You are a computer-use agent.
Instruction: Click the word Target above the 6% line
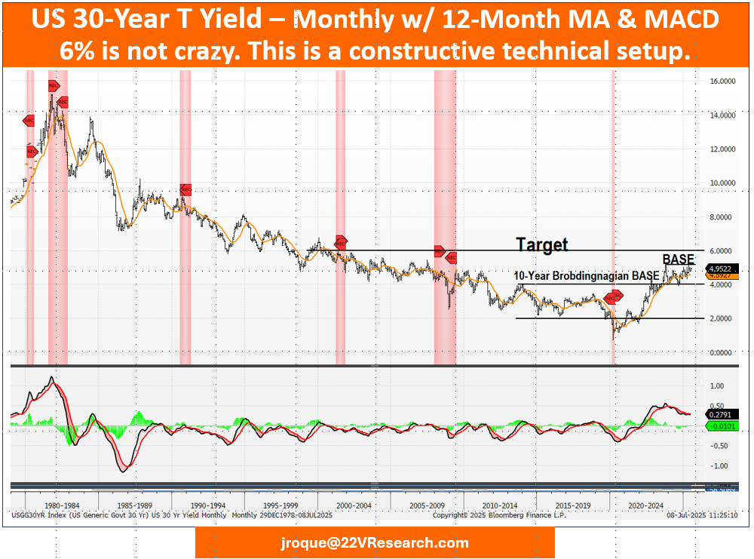pos(541,244)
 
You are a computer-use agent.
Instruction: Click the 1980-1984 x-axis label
pos(62,506)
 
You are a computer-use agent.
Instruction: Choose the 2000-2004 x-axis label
pos(353,506)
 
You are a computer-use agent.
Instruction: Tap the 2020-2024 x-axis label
pos(645,506)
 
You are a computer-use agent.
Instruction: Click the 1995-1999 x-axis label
pos(280,506)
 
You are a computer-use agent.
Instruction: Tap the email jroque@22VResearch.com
pos(375,542)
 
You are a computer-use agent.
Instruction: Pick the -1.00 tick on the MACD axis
pos(719,465)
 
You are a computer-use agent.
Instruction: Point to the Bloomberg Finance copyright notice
pos(498,515)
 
